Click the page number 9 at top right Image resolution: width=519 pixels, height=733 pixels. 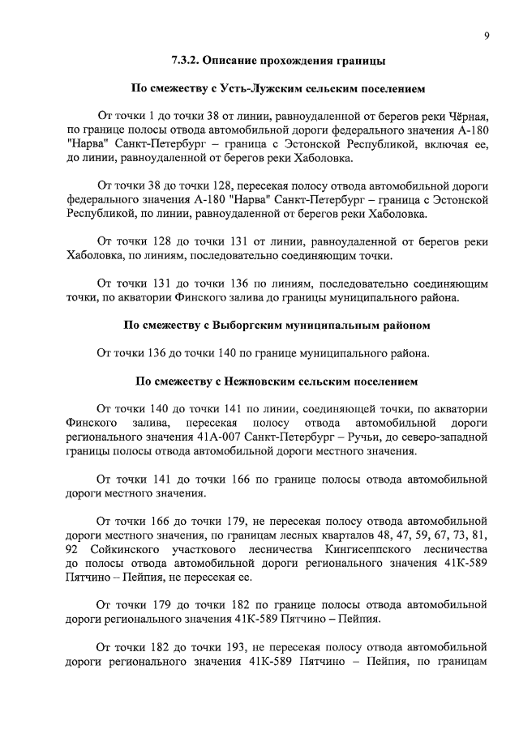pos(485,36)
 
